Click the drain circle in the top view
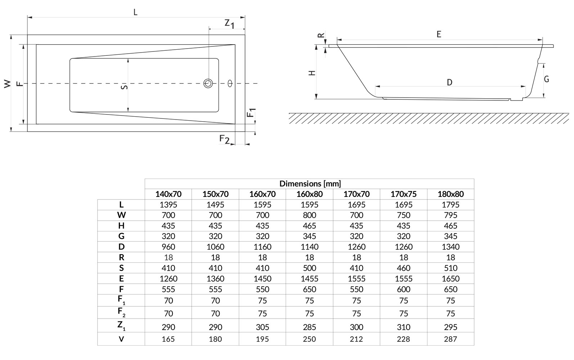point(208,84)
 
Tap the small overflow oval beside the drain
point(230,84)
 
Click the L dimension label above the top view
point(135,12)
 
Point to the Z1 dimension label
point(229,24)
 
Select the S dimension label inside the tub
point(124,87)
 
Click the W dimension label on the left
point(7,84)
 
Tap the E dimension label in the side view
point(439,34)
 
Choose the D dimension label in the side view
point(449,82)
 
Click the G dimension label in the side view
point(546,79)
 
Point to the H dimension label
point(312,73)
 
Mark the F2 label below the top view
point(224,139)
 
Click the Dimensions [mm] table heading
point(310,184)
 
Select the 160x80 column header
point(309,194)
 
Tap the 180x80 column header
point(450,194)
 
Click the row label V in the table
point(121,339)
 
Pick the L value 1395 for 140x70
point(168,204)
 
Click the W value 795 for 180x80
point(450,215)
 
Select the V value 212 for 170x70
point(356,339)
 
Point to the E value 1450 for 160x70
point(262,279)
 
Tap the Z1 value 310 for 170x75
point(403,327)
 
